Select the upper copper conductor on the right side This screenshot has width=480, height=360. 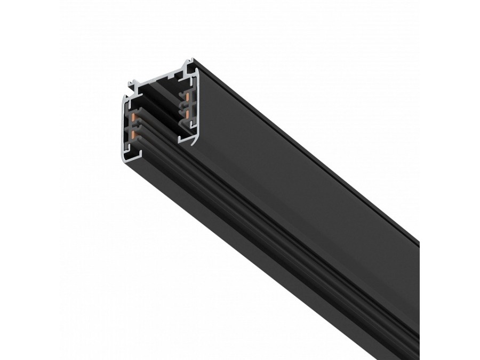click(x=187, y=97)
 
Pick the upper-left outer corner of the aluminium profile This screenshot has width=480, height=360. click(x=124, y=96)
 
